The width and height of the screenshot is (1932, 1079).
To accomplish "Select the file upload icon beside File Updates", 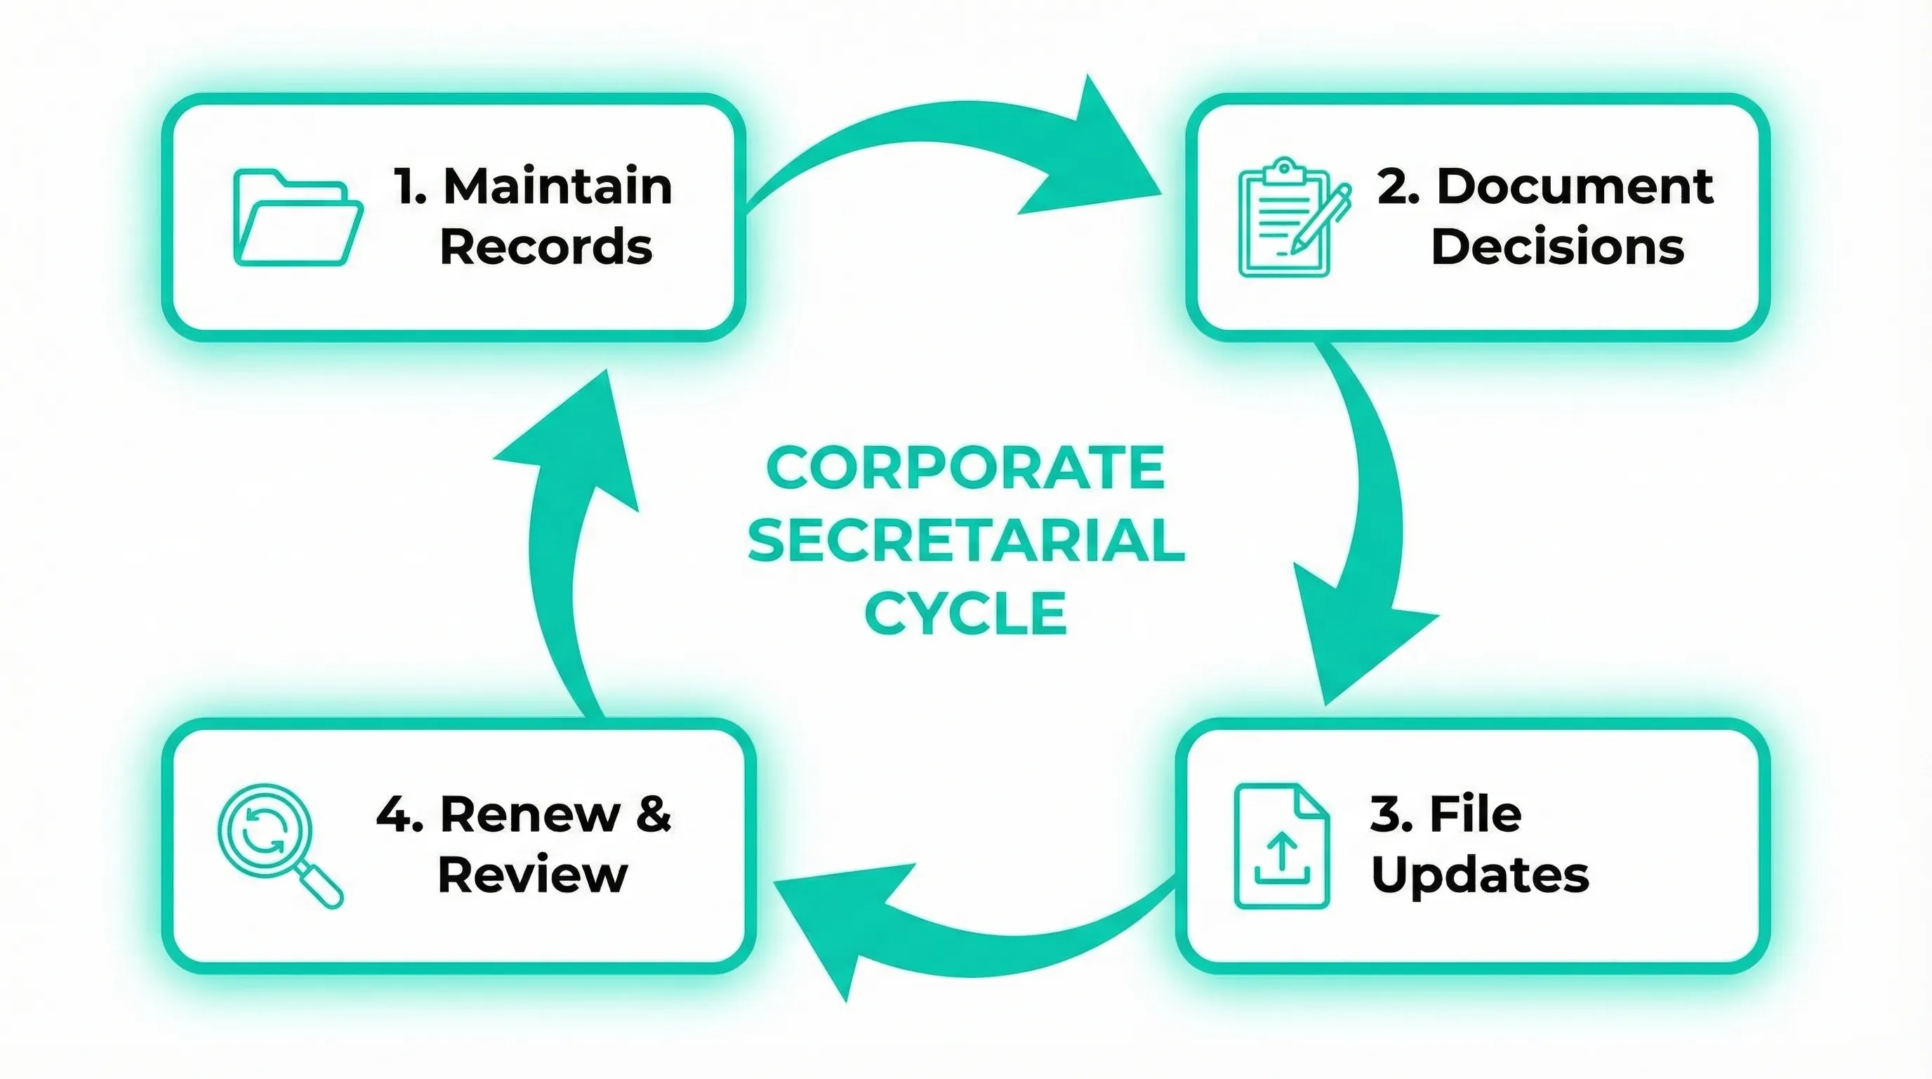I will [x=1281, y=846].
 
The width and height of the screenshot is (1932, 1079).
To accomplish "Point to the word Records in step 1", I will [x=545, y=247].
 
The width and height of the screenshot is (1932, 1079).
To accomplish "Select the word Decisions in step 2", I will [x=1557, y=247].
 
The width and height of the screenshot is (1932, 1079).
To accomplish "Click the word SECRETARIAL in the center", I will [x=965, y=540].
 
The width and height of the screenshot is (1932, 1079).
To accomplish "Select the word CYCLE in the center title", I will [x=965, y=613].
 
